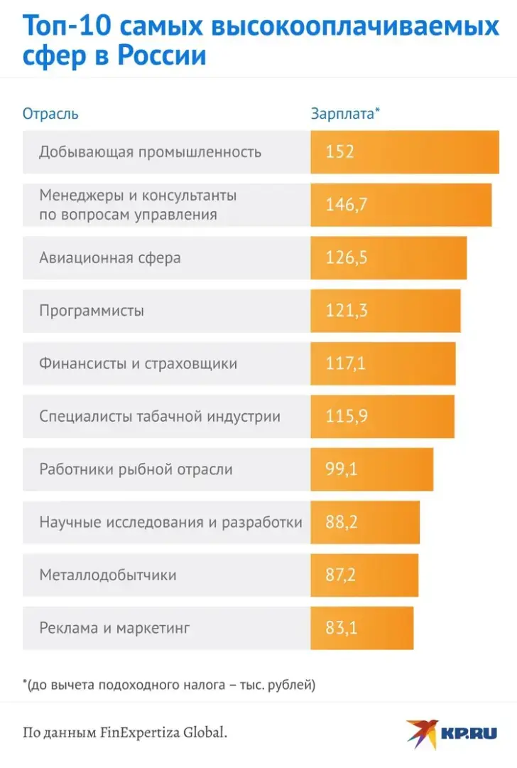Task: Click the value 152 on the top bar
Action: tap(339, 152)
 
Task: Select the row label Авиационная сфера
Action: tap(110, 257)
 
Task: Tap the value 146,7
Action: tap(347, 205)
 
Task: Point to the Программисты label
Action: tap(92, 311)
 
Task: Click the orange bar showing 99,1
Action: tap(371, 469)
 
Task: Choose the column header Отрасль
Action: tap(50, 114)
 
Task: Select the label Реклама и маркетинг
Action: tap(115, 628)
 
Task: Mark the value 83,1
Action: tap(342, 628)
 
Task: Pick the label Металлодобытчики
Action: tap(108, 575)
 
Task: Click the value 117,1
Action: tap(346, 363)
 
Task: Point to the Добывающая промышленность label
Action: tap(151, 152)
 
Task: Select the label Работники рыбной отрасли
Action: tap(136, 469)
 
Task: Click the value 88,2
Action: tap(342, 523)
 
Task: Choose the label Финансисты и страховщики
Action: tap(138, 363)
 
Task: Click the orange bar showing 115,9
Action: tap(382, 417)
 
